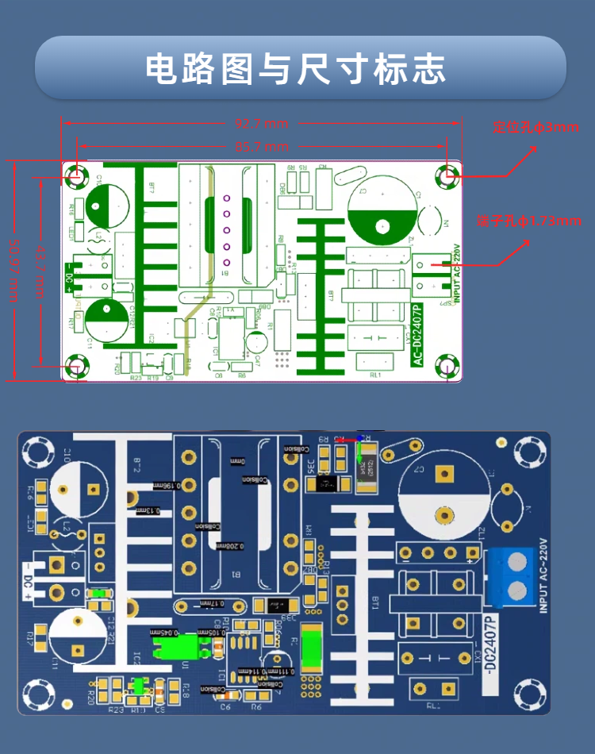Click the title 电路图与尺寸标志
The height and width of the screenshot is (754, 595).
296,69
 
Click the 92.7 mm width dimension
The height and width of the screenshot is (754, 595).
261,123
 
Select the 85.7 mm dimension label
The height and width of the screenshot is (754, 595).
261,147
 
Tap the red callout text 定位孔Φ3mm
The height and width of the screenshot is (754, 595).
536,127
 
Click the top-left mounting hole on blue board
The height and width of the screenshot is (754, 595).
36,453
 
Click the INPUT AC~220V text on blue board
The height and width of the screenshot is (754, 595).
543,575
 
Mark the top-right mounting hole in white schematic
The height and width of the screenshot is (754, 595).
449,175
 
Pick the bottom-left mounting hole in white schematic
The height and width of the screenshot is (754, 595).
77,366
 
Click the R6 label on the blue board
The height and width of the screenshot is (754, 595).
255,706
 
